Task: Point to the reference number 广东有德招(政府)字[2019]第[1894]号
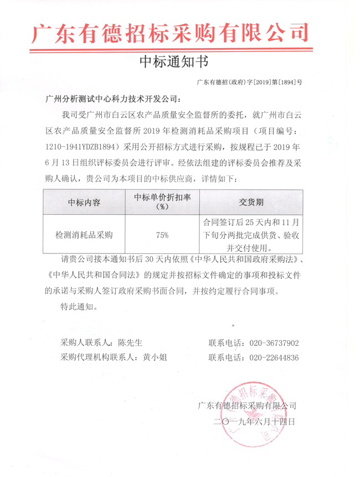coord(249,82)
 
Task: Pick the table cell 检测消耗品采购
coord(84,235)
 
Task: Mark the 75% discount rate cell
coord(162,235)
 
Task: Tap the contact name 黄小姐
coord(155,357)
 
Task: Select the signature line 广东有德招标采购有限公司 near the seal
coord(250,406)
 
